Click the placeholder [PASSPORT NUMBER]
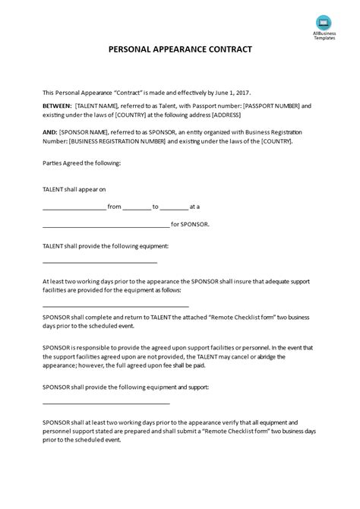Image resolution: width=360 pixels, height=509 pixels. click(x=274, y=106)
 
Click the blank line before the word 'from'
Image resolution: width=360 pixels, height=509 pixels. click(x=74, y=207)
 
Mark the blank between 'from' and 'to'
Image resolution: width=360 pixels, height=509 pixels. click(x=137, y=207)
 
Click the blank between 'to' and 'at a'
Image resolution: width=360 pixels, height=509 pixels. click(x=175, y=207)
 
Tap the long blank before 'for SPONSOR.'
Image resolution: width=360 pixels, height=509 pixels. click(x=106, y=226)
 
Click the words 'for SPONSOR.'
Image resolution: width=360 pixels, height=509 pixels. click(x=190, y=225)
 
